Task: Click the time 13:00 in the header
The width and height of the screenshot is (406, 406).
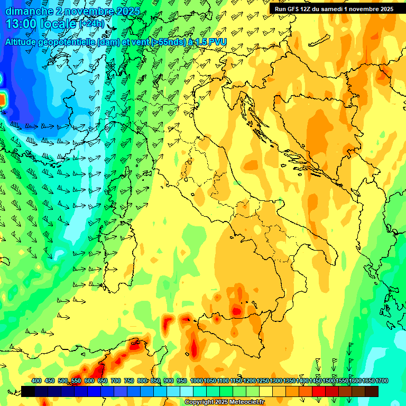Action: click(x=21, y=23)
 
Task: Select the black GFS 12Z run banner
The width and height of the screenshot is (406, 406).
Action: click(x=337, y=9)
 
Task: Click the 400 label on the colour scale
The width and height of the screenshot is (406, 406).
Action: click(x=36, y=381)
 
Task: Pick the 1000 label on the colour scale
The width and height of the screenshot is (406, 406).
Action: click(x=197, y=381)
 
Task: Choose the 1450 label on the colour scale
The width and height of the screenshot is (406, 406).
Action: click(x=316, y=381)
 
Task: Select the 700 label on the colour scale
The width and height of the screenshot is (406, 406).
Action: click(x=116, y=381)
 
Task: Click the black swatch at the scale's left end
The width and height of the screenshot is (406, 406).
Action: click(x=29, y=391)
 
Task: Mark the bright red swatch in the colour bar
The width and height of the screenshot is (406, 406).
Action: click(x=319, y=391)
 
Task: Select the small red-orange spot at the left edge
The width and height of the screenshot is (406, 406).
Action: click(x=2, y=99)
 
